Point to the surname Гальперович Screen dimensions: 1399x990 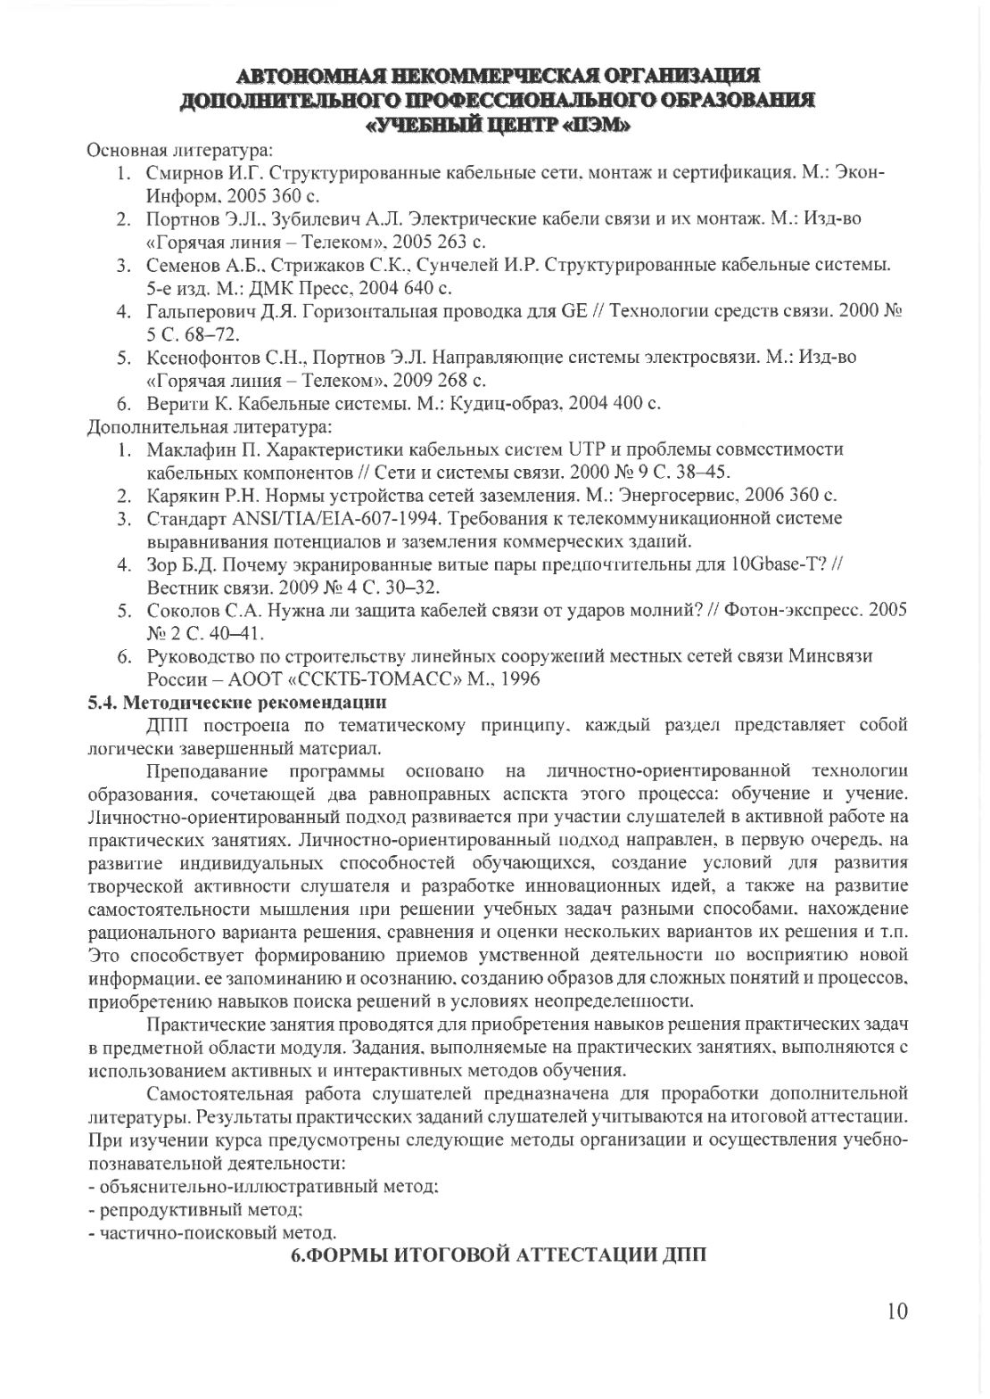pyautogui.click(x=199, y=311)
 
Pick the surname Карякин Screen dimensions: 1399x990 pyautogui.click(x=182, y=496)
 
